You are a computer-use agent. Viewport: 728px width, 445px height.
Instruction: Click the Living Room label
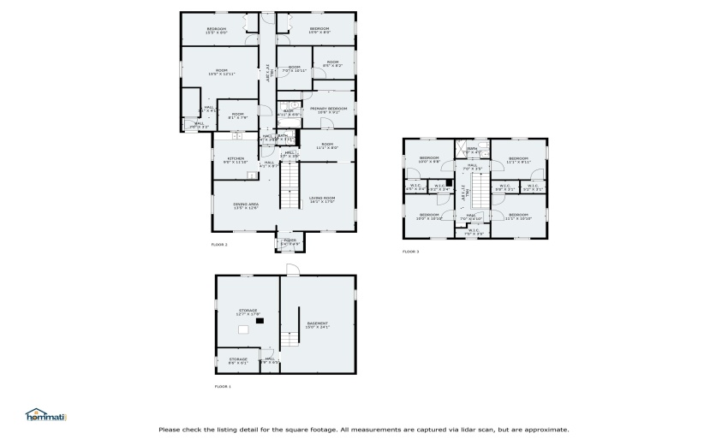click(322, 199)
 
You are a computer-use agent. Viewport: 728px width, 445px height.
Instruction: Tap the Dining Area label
click(246, 205)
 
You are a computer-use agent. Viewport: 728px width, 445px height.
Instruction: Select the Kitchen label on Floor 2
click(236, 160)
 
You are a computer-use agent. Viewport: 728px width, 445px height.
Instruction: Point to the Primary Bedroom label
click(329, 110)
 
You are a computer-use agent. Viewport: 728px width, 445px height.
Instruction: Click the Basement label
click(318, 324)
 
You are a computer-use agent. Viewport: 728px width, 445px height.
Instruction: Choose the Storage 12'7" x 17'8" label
click(248, 312)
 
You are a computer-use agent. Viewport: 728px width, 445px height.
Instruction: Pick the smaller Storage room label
click(238, 361)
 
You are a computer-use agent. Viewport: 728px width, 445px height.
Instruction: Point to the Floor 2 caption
click(219, 245)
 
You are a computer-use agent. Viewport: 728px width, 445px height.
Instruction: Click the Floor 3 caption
click(411, 252)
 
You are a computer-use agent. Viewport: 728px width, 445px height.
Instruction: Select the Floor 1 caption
click(223, 387)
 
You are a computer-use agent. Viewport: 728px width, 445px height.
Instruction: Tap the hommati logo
click(45, 415)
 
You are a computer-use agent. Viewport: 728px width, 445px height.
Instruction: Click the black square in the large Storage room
click(262, 321)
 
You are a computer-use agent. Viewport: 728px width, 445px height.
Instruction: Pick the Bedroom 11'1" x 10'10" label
click(519, 217)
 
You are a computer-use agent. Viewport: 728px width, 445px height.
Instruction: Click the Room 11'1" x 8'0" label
click(327, 146)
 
